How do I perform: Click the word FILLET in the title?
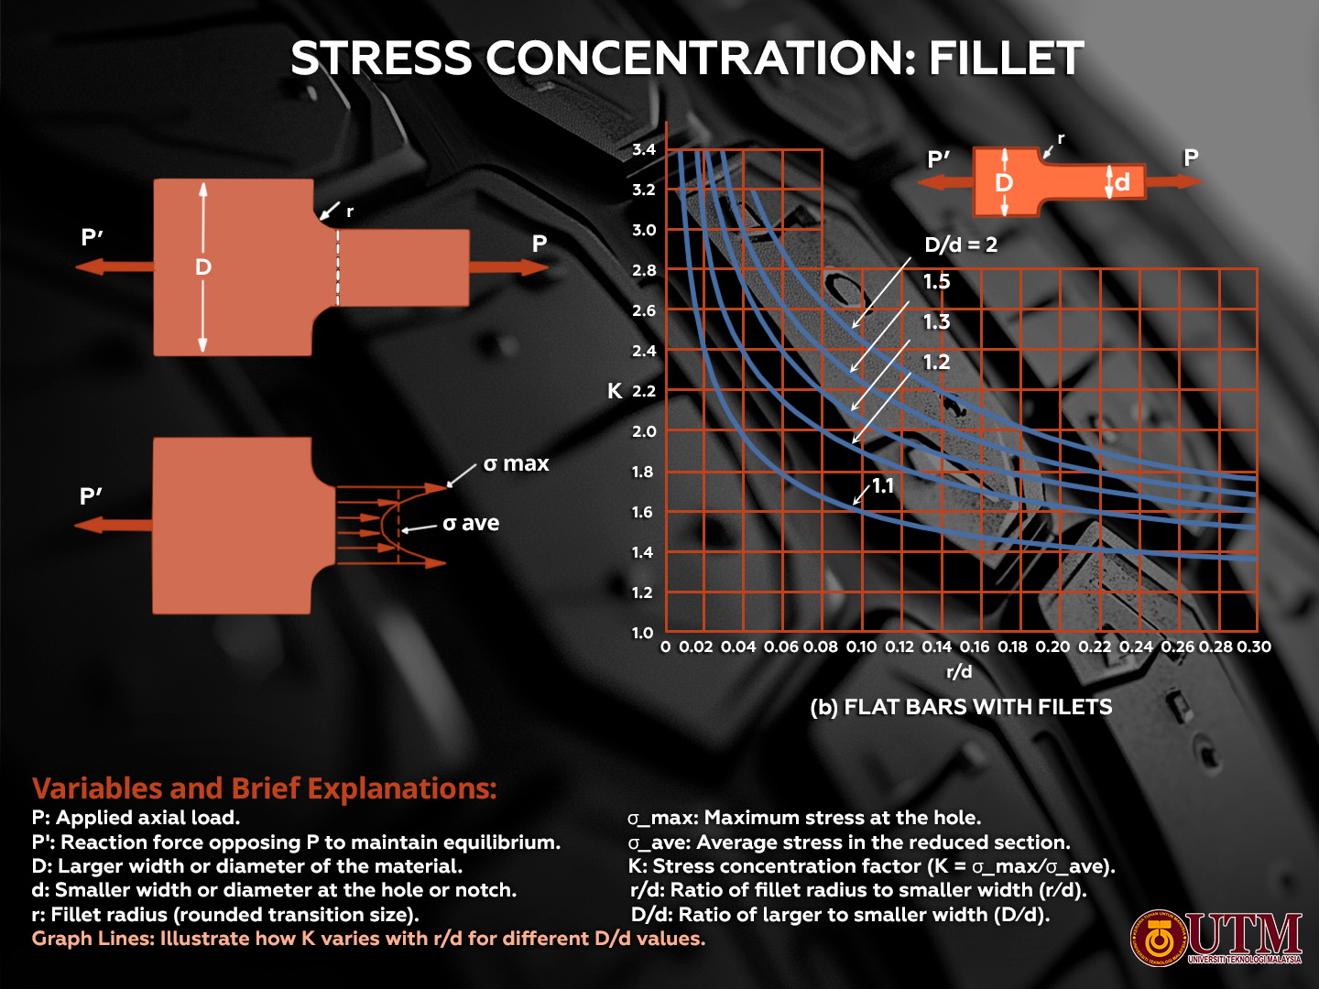point(1006,59)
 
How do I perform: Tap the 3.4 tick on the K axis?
point(644,149)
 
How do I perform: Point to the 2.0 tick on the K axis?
point(644,431)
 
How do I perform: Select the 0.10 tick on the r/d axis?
point(861,647)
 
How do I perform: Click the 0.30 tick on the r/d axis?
point(1254,647)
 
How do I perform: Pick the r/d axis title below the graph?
point(959,671)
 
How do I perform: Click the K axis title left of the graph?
point(615,391)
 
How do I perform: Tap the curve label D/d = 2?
point(960,245)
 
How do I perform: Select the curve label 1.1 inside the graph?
point(882,485)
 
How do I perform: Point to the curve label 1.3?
point(936,321)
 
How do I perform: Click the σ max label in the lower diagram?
point(516,464)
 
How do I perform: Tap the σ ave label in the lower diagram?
point(471,523)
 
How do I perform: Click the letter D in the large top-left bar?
point(203,266)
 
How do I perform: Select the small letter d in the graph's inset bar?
point(1122,182)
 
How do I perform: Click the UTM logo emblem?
point(1159,938)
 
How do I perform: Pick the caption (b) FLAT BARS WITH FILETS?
point(961,707)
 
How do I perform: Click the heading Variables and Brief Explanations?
point(264,788)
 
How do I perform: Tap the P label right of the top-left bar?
point(540,244)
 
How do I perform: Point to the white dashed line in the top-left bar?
point(338,266)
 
